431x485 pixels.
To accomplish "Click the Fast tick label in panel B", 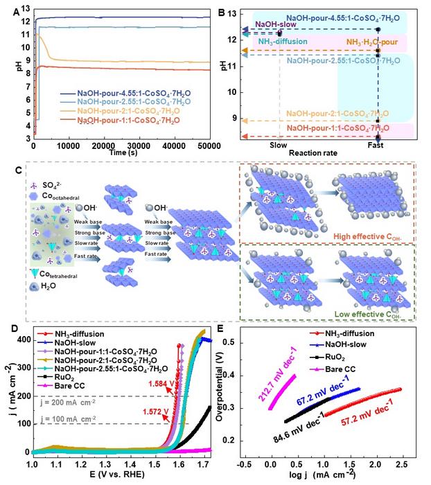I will tap(378, 145).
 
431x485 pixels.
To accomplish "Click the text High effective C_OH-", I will tap(374, 236).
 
